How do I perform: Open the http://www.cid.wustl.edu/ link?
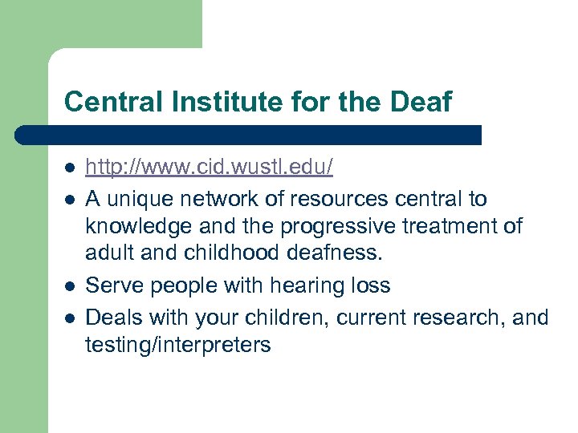[x=209, y=168]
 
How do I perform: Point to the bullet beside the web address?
[x=70, y=168]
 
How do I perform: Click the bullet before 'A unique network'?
[x=70, y=198]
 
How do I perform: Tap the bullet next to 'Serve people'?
[x=70, y=286]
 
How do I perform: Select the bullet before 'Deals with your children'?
[x=70, y=317]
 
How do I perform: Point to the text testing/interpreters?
[x=178, y=346]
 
